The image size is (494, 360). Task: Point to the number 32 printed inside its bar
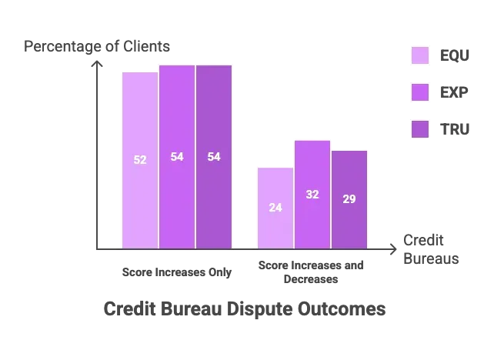coord(312,195)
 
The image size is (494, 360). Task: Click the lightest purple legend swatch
coord(419,55)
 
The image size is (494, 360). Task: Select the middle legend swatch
coord(419,92)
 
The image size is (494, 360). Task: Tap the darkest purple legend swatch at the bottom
coord(419,128)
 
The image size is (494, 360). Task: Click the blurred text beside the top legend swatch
coord(455,56)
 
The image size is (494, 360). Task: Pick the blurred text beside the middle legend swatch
coord(455,92)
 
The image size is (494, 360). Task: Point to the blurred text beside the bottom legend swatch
coord(455,128)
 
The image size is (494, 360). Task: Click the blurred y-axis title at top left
coord(98,47)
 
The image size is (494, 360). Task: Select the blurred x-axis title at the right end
coord(429,248)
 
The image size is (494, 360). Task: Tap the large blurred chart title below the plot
coord(243,308)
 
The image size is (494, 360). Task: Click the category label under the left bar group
coord(175,272)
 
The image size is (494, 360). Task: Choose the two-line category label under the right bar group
coord(311,272)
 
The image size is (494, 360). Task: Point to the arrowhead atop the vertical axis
coord(95,65)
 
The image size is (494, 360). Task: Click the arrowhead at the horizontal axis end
coord(392,248)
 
